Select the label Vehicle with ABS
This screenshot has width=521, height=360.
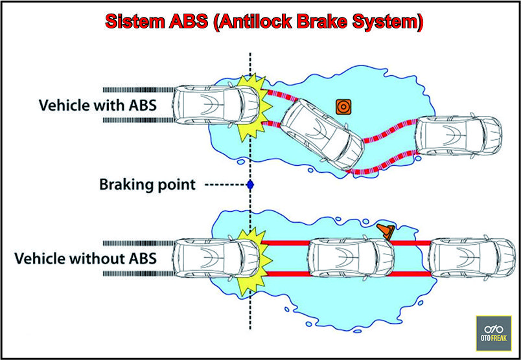tap(98, 104)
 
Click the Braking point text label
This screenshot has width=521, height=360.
tap(147, 185)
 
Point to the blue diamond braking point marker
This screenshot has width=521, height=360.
tap(250, 185)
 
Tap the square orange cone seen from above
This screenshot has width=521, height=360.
tap(343, 106)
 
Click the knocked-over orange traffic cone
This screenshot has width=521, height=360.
tap(387, 231)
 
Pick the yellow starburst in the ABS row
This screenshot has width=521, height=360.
tap(253, 107)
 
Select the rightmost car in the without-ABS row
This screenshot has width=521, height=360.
tap(471, 258)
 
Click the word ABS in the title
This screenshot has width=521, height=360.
tap(189, 21)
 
